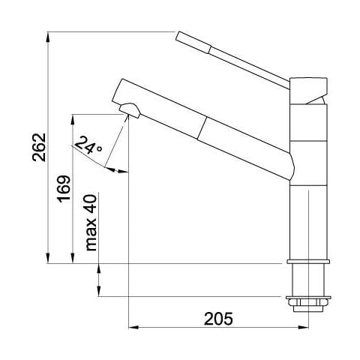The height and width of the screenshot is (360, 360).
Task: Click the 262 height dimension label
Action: click(40, 147)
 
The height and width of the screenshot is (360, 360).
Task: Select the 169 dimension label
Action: click(64, 189)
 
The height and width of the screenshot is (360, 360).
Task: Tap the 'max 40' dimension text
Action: click(91, 223)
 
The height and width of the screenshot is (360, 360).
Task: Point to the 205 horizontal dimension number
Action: click(218, 319)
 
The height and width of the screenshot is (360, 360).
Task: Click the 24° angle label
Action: click(88, 145)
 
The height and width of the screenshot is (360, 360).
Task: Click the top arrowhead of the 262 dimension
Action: click(48, 37)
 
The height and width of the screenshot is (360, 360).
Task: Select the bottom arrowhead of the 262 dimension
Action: click(48, 258)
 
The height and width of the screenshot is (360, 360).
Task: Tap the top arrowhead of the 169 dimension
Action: click(73, 120)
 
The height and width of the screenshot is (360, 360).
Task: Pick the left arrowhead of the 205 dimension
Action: click(133, 328)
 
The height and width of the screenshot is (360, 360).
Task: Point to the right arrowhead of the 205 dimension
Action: click(303, 328)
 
